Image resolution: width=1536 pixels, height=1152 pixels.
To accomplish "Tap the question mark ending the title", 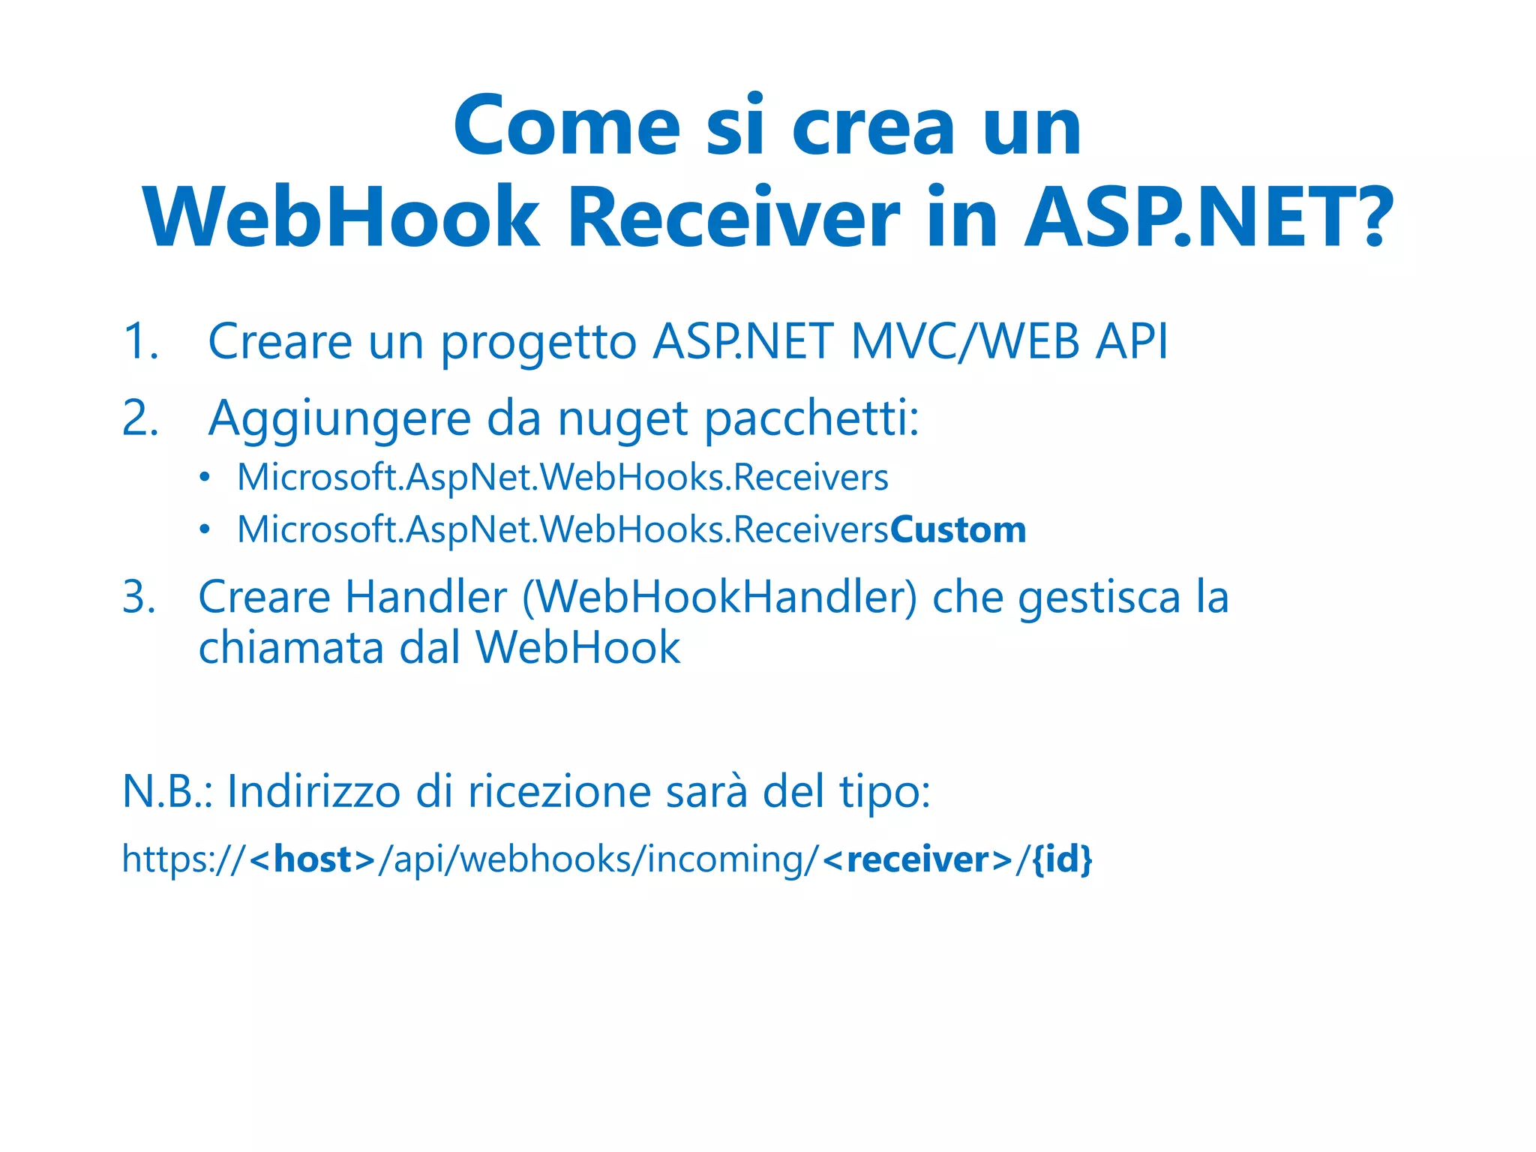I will (x=1374, y=217).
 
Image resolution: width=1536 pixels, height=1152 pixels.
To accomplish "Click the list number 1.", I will (x=140, y=342).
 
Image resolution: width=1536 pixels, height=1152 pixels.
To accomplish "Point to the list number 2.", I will (x=140, y=418).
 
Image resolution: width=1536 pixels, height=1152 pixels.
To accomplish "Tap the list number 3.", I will (x=139, y=598).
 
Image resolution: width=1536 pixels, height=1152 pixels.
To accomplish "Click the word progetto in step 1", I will (x=538, y=343).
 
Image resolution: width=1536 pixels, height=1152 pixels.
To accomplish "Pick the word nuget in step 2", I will (x=622, y=420).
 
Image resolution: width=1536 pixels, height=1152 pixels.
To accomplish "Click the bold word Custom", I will (x=958, y=530).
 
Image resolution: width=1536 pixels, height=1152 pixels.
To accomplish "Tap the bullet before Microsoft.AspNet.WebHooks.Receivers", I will (x=205, y=478).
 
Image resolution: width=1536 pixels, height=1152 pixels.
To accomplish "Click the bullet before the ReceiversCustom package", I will (x=205, y=531).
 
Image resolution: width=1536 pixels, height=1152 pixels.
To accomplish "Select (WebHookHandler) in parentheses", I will (x=719, y=598).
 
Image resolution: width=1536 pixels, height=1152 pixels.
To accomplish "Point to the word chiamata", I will (x=290, y=647).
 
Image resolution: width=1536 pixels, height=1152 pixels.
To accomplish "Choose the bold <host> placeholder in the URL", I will (x=312, y=859).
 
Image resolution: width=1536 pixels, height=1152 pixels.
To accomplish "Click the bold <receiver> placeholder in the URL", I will (x=917, y=859).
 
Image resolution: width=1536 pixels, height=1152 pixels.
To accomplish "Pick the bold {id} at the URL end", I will (x=1062, y=859).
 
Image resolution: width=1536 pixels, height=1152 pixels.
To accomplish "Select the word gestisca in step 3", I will (x=1099, y=598).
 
